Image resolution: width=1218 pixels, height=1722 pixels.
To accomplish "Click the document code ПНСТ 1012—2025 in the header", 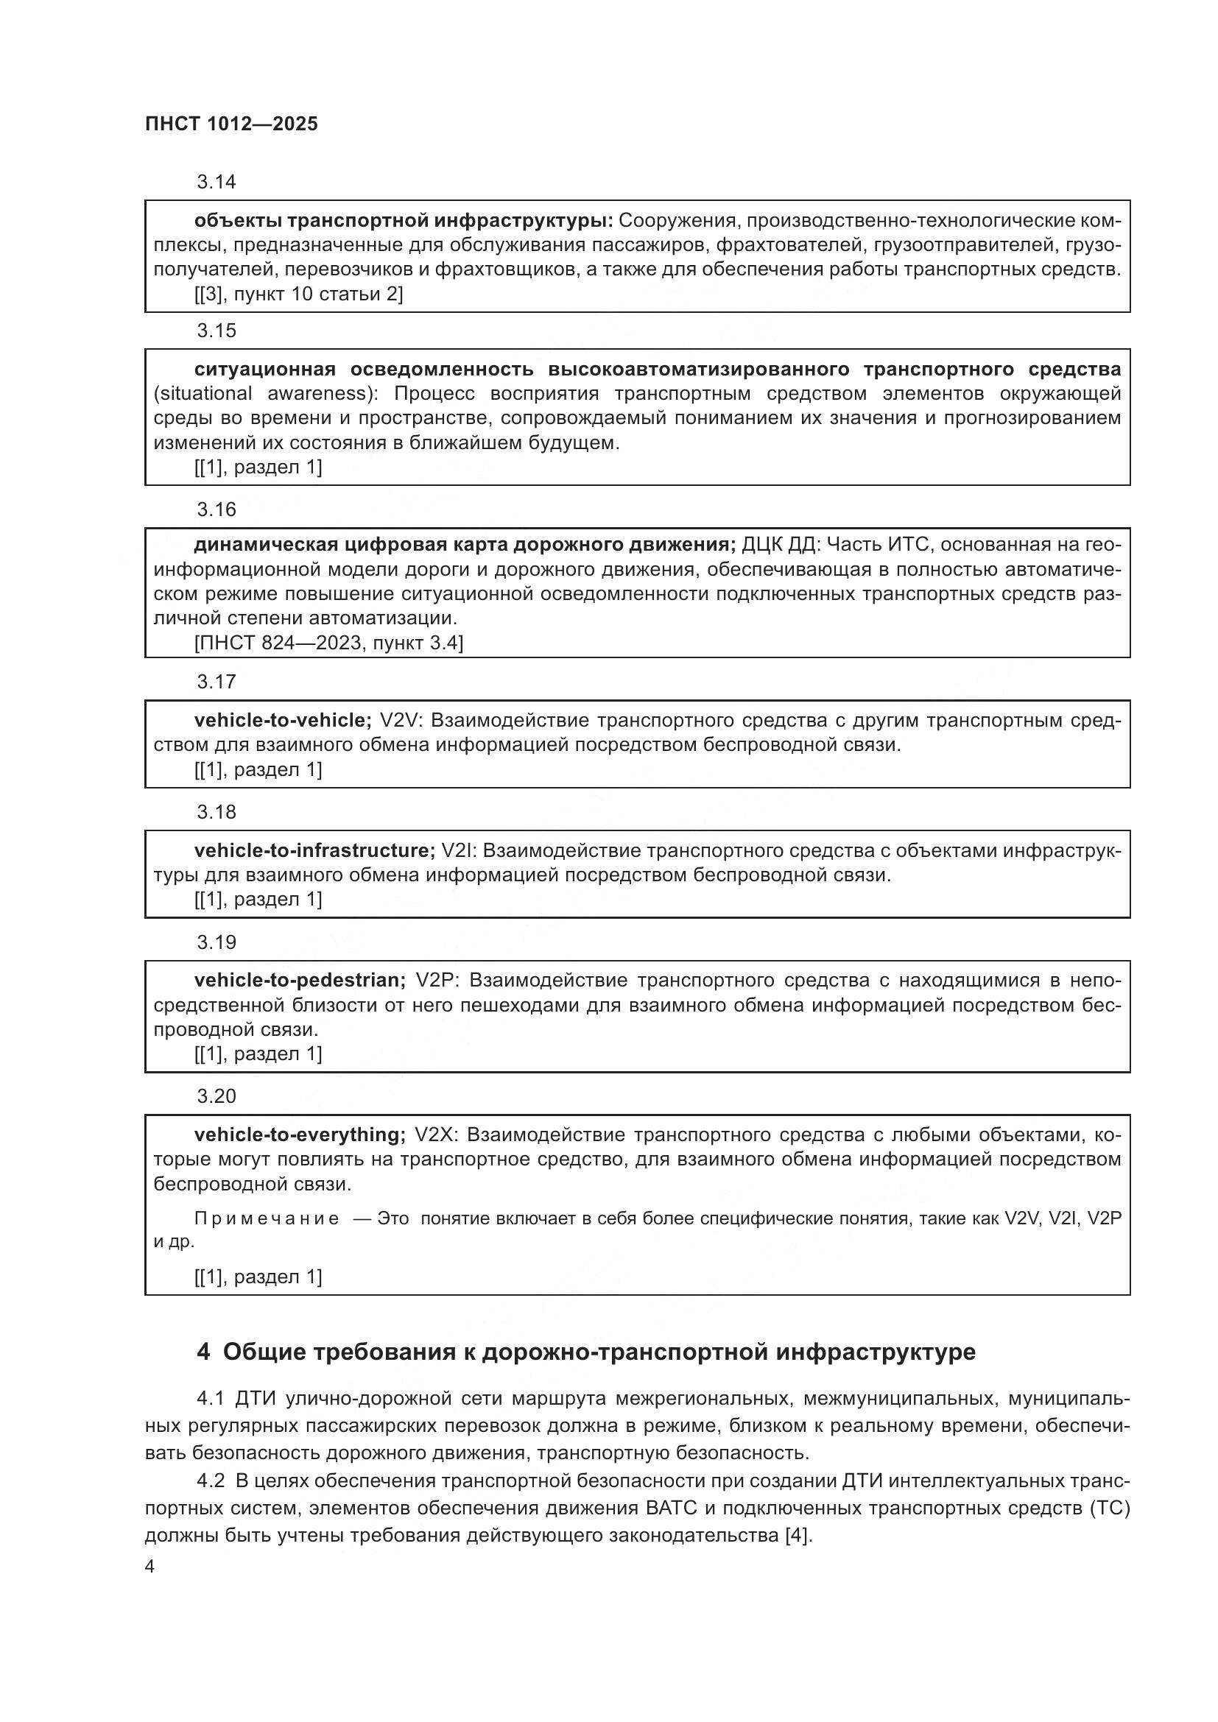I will [231, 124].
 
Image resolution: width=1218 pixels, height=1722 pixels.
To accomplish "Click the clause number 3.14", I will [216, 183].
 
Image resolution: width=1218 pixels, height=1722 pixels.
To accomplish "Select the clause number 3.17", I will [216, 682].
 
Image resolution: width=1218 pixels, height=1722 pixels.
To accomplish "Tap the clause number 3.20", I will [216, 1096].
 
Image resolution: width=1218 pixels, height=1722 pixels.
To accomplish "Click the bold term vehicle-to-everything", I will [300, 1135].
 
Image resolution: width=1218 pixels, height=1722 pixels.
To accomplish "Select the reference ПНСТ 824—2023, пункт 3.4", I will [328, 643].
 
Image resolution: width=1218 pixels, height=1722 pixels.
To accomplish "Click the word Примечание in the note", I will [267, 1218].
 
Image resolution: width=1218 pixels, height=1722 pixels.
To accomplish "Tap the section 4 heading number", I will [203, 1353].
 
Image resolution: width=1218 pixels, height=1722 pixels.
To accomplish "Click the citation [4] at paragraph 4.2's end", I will [797, 1535].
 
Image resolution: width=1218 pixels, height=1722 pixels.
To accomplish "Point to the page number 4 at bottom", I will [150, 1567].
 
